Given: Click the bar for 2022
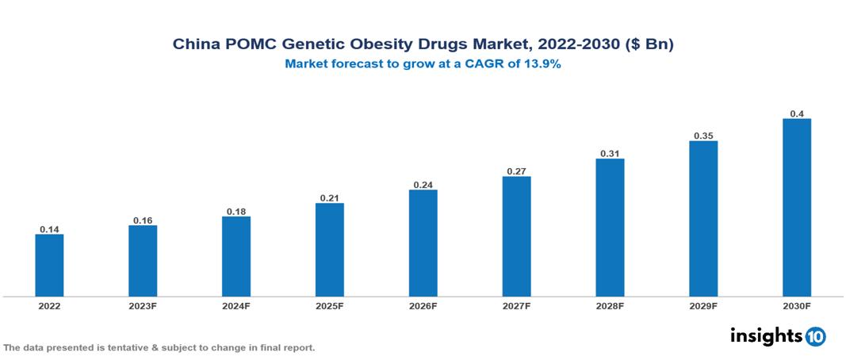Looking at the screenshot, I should (x=49, y=266).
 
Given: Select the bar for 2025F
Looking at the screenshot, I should (x=329, y=250).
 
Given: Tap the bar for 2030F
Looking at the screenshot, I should (x=796, y=208).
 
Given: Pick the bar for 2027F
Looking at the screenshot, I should (x=516, y=236).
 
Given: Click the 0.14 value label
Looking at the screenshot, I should (x=49, y=229).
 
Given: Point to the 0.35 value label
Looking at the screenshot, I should (x=702, y=136).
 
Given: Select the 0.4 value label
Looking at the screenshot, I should (x=796, y=114).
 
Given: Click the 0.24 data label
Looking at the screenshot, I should (x=423, y=185).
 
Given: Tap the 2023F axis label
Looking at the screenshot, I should (x=143, y=306).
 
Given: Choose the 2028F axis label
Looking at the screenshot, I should (x=610, y=306).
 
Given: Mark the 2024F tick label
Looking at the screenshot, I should (x=236, y=306).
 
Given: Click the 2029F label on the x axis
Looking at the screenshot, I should (x=702, y=306).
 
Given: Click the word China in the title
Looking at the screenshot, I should (x=194, y=44).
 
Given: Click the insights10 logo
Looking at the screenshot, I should (x=778, y=335).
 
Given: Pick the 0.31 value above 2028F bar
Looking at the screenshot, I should (x=610, y=153).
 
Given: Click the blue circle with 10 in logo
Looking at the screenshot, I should (x=815, y=336).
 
